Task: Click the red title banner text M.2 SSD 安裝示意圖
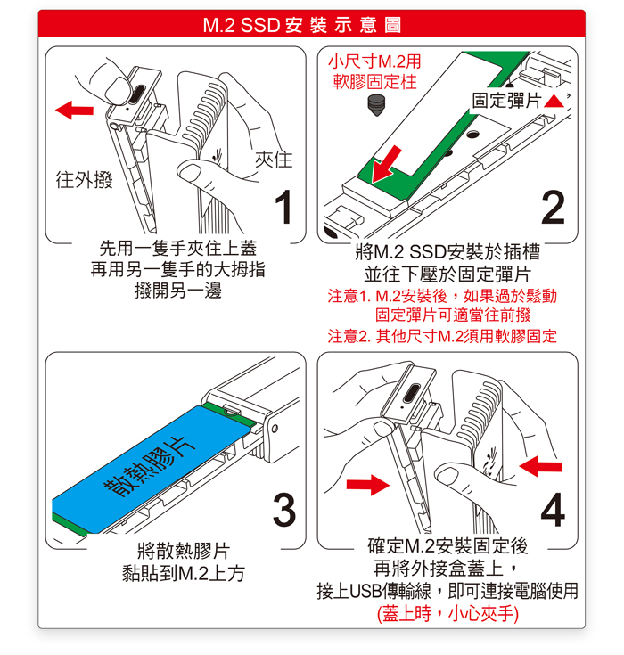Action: point(302,25)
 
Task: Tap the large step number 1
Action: point(283,207)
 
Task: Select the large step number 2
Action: point(553,207)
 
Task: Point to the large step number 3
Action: point(284,510)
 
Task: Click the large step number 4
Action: point(553,510)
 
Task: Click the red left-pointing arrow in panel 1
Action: point(74,110)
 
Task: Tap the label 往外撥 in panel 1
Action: point(85,180)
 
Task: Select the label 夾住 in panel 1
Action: point(274,160)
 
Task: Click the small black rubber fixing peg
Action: point(376,105)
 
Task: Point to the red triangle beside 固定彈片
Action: point(554,102)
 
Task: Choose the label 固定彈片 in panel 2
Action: point(506,101)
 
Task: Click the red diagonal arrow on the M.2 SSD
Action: point(386,165)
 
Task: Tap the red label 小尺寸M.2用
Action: point(375,61)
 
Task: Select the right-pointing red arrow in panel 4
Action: point(368,485)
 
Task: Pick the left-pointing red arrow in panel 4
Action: point(541,466)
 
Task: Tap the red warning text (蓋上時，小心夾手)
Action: point(447,614)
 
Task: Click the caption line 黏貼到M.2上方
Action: point(184,573)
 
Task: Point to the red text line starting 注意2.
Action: point(442,336)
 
